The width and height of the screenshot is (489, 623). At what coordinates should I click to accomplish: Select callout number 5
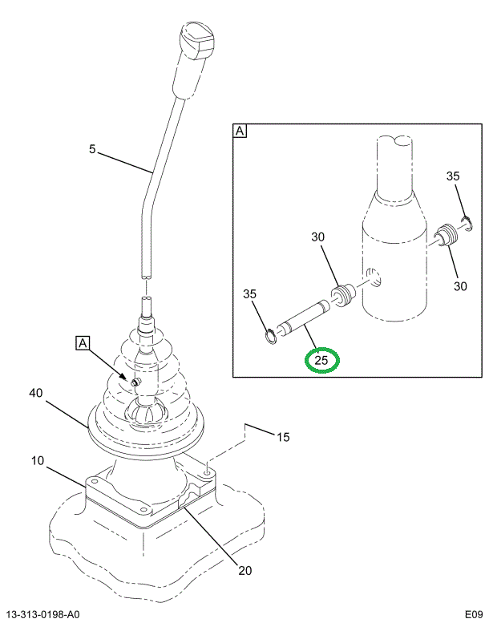tap(92, 149)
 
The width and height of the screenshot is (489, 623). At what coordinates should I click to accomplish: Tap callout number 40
tap(36, 393)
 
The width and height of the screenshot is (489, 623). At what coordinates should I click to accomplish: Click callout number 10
tap(38, 461)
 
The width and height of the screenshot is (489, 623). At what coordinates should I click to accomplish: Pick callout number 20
tap(244, 571)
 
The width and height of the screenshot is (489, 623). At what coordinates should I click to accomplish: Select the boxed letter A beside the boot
tap(82, 344)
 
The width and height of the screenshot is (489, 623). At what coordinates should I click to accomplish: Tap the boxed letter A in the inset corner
tap(240, 131)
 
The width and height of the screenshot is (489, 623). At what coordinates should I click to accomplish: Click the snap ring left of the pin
tap(272, 334)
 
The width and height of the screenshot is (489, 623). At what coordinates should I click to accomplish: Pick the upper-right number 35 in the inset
tap(454, 176)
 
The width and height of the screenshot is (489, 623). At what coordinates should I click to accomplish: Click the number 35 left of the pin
tap(250, 294)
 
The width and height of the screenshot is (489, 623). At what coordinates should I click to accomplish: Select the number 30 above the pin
tap(318, 237)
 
